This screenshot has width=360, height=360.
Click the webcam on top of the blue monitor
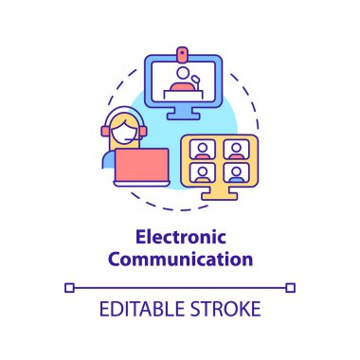point(184,49)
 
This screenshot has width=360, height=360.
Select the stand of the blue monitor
point(183,114)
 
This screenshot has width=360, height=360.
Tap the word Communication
point(180,257)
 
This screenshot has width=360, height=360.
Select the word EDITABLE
point(143,310)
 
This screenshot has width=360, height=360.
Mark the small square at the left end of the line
point(67,285)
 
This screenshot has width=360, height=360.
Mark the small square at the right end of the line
point(293,285)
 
